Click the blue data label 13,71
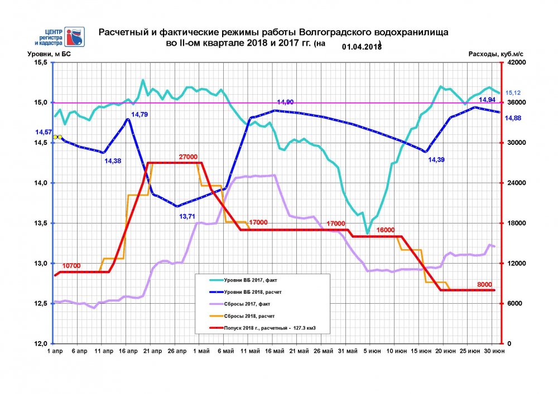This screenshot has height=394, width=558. pyautogui.click(x=188, y=216)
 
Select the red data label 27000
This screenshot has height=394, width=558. pyautogui.click(x=189, y=158)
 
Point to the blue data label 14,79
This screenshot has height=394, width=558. pyautogui.click(x=139, y=115)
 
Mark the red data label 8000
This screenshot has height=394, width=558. pyautogui.click(x=484, y=284)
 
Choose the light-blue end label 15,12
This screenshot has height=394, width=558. pyautogui.click(x=513, y=93)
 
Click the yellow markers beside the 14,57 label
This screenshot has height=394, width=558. pyautogui.click(x=57, y=137)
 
